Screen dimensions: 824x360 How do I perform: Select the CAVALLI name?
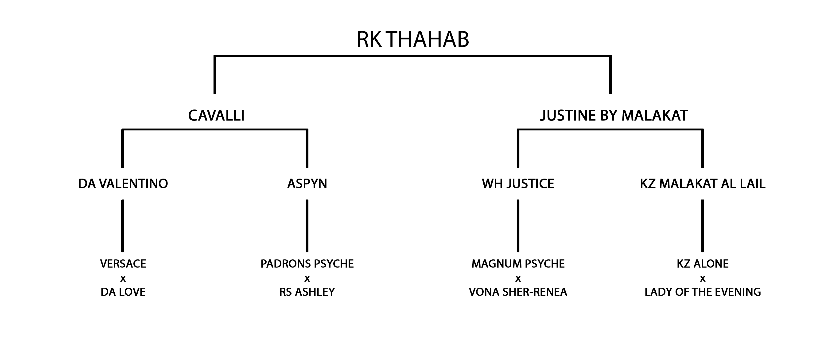click(x=216, y=116)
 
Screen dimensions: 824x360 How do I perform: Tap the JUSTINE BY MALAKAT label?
click(x=614, y=116)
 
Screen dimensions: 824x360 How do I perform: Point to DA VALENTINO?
click(x=123, y=184)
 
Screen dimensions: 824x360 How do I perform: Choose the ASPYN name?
click(x=307, y=184)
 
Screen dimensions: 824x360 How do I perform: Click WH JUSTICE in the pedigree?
click(x=518, y=184)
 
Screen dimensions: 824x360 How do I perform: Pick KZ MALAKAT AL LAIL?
click(x=703, y=184)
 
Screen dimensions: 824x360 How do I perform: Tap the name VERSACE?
click(x=123, y=264)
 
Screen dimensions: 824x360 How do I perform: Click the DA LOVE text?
click(x=123, y=292)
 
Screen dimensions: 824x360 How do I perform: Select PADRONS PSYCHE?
click(x=307, y=264)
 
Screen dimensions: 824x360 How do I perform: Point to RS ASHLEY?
click(x=307, y=292)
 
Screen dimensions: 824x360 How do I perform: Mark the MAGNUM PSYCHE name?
click(x=518, y=264)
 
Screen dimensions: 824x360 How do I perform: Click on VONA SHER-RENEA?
click(x=518, y=292)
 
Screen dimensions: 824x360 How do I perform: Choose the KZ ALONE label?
click(x=703, y=264)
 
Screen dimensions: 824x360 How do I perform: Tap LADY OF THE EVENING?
click(x=703, y=292)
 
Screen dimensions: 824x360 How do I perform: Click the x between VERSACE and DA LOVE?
click(x=123, y=279)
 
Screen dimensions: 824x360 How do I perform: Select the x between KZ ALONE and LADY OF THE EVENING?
click(x=703, y=279)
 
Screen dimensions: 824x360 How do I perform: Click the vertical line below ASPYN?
click(x=307, y=226)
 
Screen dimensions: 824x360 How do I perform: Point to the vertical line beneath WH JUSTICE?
click(x=518, y=226)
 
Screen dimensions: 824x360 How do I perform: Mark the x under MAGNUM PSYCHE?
click(x=518, y=279)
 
